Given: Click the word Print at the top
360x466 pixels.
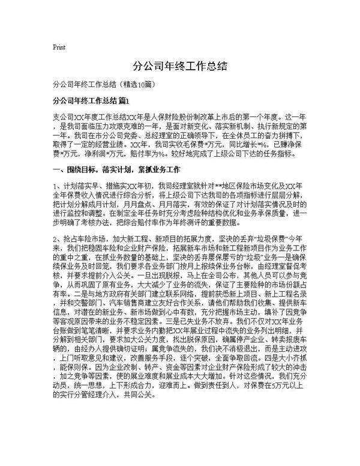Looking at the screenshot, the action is click(x=59, y=46).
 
